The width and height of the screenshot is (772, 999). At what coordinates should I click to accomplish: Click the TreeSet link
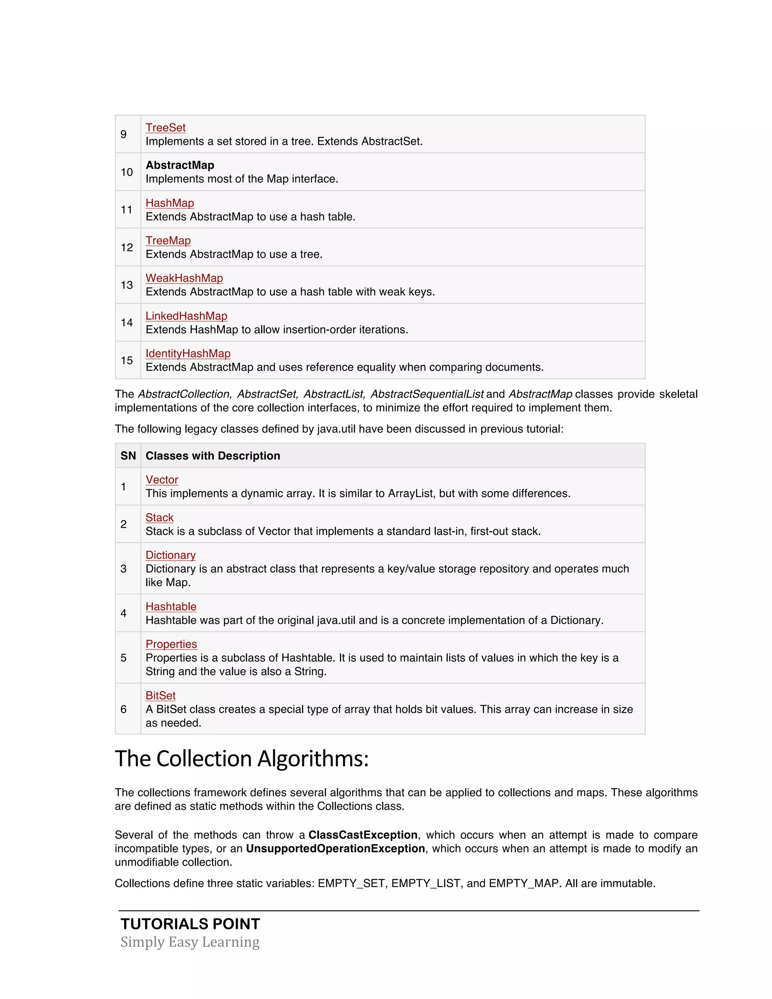(165, 128)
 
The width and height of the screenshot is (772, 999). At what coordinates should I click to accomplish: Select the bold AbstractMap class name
(180, 165)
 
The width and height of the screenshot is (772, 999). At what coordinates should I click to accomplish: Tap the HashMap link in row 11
(170, 203)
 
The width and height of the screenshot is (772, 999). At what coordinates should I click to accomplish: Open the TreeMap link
(168, 241)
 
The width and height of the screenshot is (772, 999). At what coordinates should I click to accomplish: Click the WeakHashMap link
(184, 278)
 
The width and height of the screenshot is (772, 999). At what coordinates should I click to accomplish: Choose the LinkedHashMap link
(186, 316)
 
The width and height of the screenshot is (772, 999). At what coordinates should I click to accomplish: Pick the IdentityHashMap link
(187, 354)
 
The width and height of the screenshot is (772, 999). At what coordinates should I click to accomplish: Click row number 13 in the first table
(127, 285)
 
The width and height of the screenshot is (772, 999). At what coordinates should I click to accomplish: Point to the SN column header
(128, 456)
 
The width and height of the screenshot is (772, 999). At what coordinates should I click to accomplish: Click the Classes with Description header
(213, 456)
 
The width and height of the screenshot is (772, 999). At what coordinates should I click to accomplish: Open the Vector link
(162, 480)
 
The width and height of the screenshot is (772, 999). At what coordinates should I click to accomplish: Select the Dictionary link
(170, 555)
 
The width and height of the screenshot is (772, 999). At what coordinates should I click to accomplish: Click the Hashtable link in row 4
(171, 607)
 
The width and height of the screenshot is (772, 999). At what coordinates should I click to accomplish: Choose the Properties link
(171, 644)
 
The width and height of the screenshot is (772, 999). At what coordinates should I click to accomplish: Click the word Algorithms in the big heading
(313, 759)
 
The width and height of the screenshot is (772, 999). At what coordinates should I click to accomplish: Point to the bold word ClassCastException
(363, 835)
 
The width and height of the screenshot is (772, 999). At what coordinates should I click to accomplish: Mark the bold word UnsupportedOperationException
(335, 849)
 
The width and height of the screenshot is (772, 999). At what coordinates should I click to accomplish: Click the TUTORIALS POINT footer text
(190, 924)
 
